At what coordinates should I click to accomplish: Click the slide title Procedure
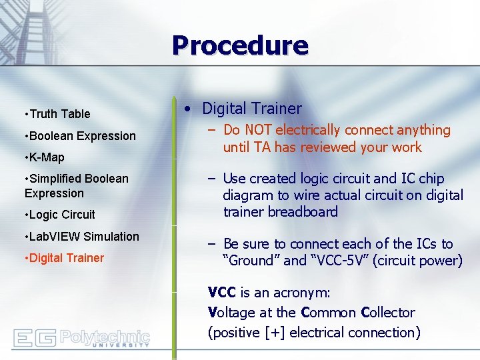click(x=240, y=46)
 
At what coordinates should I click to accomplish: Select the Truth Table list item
click(x=59, y=114)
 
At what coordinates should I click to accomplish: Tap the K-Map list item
click(x=47, y=157)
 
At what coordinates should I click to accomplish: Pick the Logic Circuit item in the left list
click(x=62, y=215)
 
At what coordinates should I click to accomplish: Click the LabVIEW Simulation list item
click(x=84, y=237)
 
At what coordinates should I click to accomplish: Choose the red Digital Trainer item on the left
click(x=67, y=258)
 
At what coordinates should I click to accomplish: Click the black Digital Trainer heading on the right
click(x=251, y=109)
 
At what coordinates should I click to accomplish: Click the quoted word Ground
click(x=254, y=261)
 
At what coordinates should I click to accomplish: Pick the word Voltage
click(x=232, y=313)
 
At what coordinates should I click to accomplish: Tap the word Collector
click(x=387, y=313)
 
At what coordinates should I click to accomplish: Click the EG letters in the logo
click(x=35, y=338)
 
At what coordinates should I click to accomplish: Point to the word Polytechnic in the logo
click(x=105, y=335)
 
